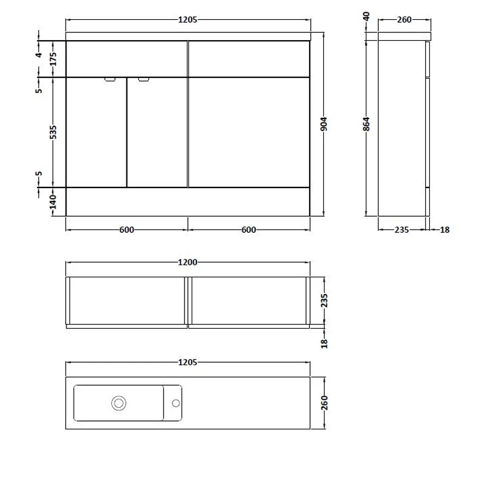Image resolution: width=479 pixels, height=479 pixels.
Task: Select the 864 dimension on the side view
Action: (x=367, y=124)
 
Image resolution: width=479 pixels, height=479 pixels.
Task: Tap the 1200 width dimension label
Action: (x=187, y=262)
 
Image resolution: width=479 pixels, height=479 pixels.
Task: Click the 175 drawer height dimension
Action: (x=53, y=59)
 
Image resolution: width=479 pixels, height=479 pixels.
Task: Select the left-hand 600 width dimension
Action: (x=126, y=229)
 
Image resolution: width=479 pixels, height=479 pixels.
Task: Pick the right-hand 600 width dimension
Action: (x=249, y=229)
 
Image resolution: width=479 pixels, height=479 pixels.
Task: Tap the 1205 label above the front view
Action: (x=187, y=20)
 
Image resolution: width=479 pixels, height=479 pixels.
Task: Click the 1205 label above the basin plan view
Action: (x=187, y=362)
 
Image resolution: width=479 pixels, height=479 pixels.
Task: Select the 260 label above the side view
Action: (x=404, y=20)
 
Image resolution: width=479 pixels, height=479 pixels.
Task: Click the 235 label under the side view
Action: (x=401, y=229)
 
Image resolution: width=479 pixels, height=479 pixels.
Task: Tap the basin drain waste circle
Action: (x=119, y=403)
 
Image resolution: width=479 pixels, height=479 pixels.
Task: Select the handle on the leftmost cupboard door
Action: (x=111, y=79)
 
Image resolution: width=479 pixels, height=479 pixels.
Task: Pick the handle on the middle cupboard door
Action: (x=143, y=79)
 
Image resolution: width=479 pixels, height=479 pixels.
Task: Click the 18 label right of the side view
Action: (x=444, y=229)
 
